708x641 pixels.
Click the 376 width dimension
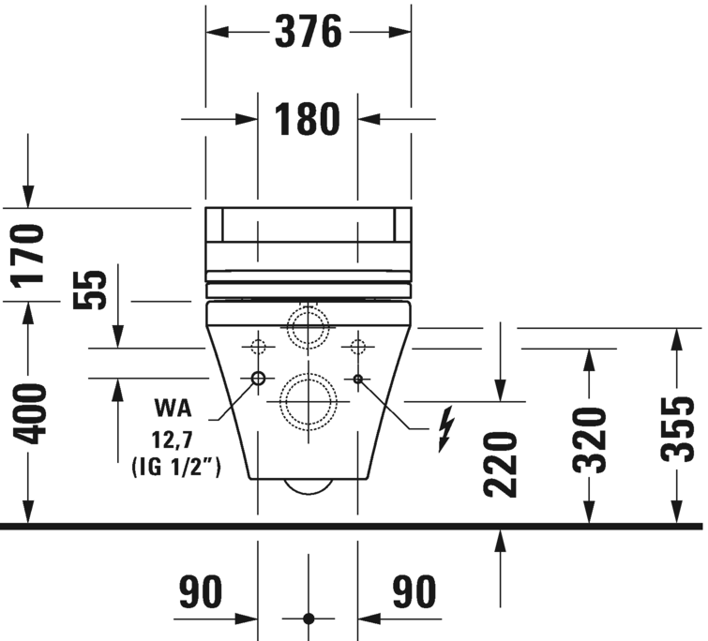click(x=307, y=33)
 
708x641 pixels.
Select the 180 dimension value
click(x=307, y=119)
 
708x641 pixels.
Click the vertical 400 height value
click(x=31, y=413)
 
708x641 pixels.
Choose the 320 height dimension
click(x=591, y=437)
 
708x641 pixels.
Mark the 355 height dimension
click(x=678, y=428)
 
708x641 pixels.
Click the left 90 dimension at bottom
click(x=202, y=593)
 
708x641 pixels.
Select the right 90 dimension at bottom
click(x=414, y=593)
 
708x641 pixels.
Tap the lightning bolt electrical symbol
click(x=445, y=428)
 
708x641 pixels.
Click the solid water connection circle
click(x=258, y=379)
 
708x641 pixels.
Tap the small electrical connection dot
click(x=357, y=379)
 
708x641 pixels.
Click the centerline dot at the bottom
click(x=309, y=619)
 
